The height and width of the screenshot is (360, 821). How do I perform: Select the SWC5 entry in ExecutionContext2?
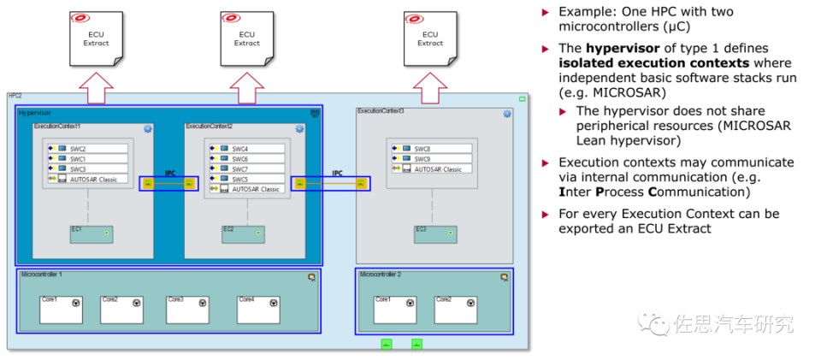(248, 179)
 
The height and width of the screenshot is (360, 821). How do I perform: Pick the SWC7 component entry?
(248, 168)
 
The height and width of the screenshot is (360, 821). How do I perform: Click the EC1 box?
(91, 233)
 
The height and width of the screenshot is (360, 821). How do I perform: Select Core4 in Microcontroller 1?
(258, 310)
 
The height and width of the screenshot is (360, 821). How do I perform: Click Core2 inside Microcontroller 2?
(455, 310)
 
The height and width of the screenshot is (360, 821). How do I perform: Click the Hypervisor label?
(35, 113)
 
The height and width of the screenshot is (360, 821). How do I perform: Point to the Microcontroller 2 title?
(381, 274)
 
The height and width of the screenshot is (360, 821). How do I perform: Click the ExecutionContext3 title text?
(381, 111)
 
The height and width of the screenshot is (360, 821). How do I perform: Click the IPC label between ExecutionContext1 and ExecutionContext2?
(170, 173)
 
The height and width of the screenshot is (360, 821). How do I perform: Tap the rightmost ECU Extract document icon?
(430, 38)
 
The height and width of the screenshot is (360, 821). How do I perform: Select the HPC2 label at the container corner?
(15, 96)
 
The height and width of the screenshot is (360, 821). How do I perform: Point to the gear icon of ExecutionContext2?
(299, 129)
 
